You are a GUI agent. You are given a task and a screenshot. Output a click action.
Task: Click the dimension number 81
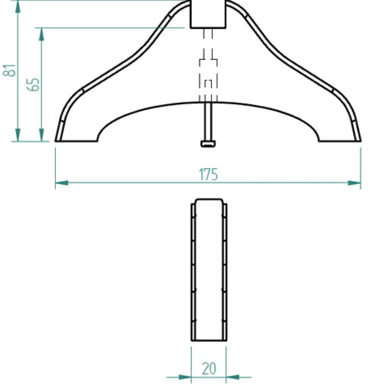click(x=9, y=70)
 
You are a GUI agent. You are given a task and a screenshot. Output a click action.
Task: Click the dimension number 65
click(x=33, y=85)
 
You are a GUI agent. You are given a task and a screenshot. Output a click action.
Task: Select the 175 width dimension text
click(x=208, y=174)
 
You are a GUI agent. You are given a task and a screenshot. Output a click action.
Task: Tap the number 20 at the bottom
click(x=209, y=369)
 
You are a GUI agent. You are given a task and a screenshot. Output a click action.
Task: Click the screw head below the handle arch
click(x=208, y=144)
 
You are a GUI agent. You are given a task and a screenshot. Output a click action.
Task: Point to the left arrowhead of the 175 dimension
click(x=62, y=183)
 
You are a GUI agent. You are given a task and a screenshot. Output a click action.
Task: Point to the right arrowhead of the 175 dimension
click(x=354, y=183)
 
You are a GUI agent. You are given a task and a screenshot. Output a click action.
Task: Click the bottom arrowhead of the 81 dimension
click(x=18, y=135)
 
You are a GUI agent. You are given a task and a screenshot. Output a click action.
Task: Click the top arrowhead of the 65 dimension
click(x=41, y=34)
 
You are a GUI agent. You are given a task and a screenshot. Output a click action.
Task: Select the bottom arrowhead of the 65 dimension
click(x=41, y=135)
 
